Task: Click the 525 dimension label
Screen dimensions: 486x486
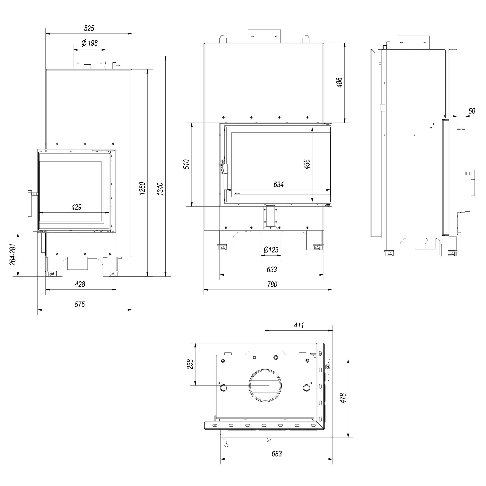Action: pyautogui.click(x=89, y=28)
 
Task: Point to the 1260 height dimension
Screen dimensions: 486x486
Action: pyautogui.click(x=142, y=188)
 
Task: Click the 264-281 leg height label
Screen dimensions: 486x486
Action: pyautogui.click(x=13, y=255)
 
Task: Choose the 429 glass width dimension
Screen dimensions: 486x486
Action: pyautogui.click(x=76, y=207)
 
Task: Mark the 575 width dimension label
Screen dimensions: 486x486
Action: pyautogui.click(x=80, y=305)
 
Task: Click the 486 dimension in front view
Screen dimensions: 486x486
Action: pyautogui.click(x=339, y=83)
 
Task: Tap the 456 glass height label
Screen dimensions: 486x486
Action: pyautogui.click(x=307, y=164)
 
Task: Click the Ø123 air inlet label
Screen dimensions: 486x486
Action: pyautogui.click(x=271, y=250)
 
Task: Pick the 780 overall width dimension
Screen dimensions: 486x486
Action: pyautogui.click(x=272, y=284)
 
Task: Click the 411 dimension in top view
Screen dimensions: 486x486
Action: pyautogui.click(x=299, y=325)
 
